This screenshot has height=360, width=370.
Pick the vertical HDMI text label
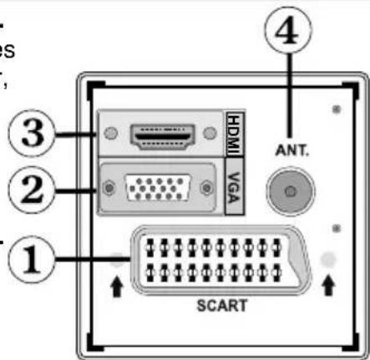pyautogui.click(x=234, y=134)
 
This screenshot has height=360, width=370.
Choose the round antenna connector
pyautogui.click(x=287, y=191)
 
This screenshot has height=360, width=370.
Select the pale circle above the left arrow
pyautogui.click(x=117, y=261)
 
